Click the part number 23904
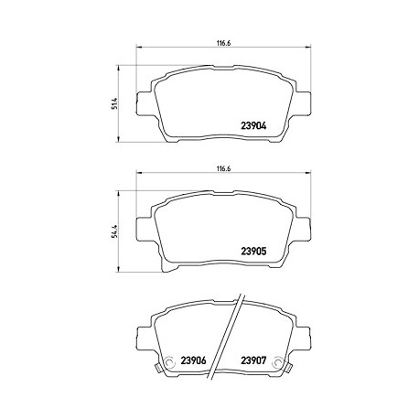[253, 126]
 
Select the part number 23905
[253, 252]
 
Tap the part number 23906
[193, 360]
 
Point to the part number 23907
[253, 360]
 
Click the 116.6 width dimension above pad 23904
[223, 43]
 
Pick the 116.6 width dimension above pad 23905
[223, 168]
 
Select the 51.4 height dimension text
[115, 103]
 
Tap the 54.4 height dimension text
[115, 230]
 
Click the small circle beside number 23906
[168, 362]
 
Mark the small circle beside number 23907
[278, 362]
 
